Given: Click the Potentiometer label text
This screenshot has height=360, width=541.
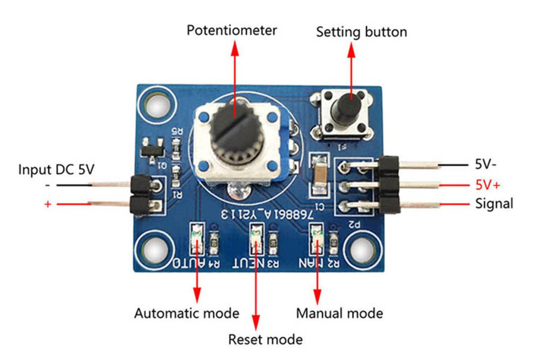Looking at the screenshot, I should (x=232, y=30).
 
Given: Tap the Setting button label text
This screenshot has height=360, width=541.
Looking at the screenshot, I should (x=361, y=31).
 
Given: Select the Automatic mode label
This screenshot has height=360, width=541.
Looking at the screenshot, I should (x=186, y=313).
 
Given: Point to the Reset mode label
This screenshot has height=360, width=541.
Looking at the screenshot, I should (x=265, y=339).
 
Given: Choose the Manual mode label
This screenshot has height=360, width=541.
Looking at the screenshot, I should (x=339, y=313).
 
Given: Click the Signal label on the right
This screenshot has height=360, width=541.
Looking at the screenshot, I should (x=494, y=204).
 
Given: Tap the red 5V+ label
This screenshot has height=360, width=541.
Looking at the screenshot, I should (x=487, y=185).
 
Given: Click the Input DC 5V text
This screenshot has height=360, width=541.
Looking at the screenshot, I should (x=57, y=169).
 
